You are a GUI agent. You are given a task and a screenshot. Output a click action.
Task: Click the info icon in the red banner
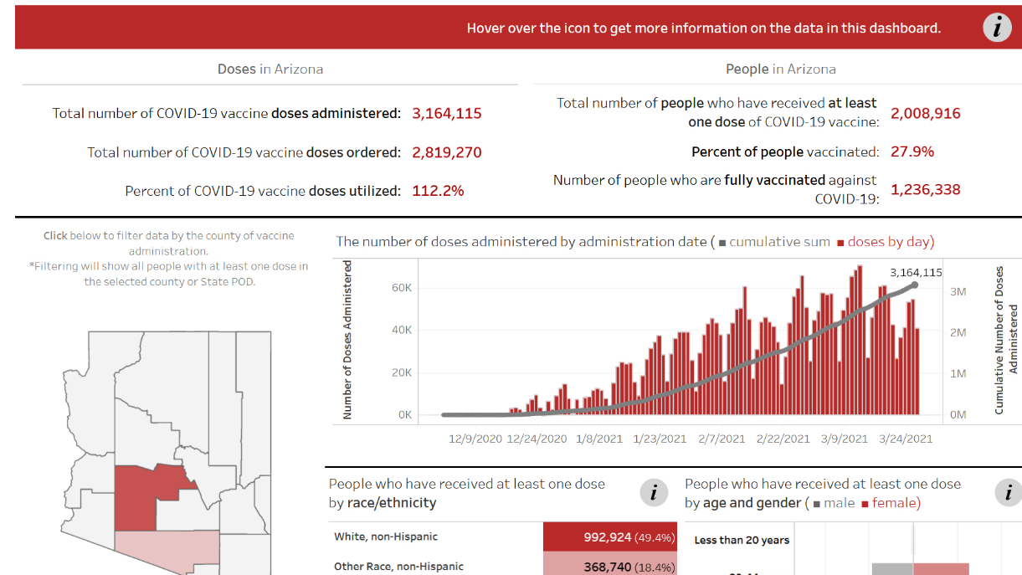(996, 28)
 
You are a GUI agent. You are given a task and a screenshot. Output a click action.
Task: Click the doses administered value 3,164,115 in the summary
(447, 113)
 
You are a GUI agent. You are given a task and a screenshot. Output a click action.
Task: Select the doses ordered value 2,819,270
(447, 152)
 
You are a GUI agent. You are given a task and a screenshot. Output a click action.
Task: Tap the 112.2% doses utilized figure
(438, 191)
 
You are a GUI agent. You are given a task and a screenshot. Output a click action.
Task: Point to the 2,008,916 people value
(925, 113)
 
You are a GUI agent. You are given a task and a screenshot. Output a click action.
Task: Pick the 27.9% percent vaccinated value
(912, 151)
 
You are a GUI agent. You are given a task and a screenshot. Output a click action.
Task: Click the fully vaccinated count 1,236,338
(925, 189)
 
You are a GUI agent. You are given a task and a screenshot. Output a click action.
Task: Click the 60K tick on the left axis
(402, 288)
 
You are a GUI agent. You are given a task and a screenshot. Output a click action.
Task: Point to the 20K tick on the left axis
(402, 372)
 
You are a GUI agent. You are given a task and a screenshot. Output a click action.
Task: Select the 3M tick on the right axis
(958, 291)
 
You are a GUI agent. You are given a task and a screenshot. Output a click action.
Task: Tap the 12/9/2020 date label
(475, 438)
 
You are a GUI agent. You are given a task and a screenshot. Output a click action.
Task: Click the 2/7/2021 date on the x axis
(722, 438)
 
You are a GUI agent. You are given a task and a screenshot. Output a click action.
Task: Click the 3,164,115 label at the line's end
(916, 272)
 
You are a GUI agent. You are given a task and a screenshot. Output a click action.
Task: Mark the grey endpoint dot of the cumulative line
(915, 285)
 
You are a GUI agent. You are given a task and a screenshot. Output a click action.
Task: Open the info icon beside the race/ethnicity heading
(653, 492)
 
